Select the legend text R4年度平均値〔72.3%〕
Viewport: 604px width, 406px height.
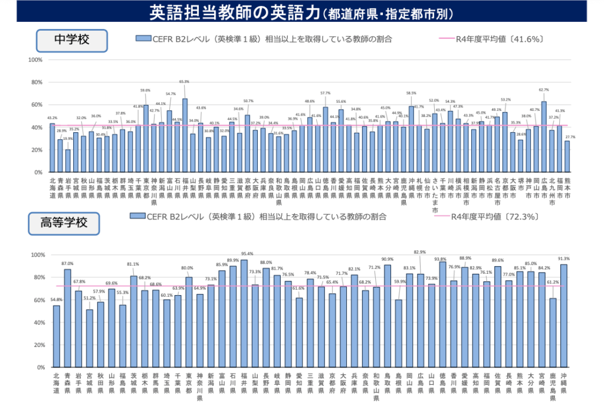point(495,217)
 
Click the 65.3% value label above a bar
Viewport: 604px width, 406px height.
point(184,82)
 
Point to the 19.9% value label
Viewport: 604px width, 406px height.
point(68,139)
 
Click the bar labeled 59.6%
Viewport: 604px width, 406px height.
point(146,139)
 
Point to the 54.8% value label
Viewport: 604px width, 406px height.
point(57,300)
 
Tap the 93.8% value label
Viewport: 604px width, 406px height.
point(440,259)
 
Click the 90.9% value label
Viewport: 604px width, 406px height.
point(388,259)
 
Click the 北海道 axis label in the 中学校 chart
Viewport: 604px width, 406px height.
point(52,187)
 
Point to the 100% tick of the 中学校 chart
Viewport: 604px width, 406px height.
point(36,60)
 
